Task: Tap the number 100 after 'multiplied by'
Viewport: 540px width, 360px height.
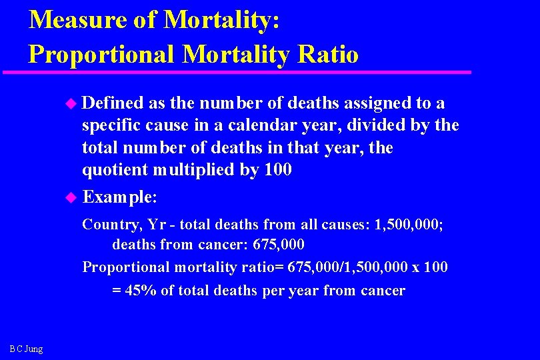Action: [x=278, y=169]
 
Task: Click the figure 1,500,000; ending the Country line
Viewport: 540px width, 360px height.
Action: [x=409, y=224]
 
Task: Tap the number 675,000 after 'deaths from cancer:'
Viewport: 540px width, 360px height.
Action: [x=279, y=245]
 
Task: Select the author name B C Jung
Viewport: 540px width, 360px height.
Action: [x=27, y=349]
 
